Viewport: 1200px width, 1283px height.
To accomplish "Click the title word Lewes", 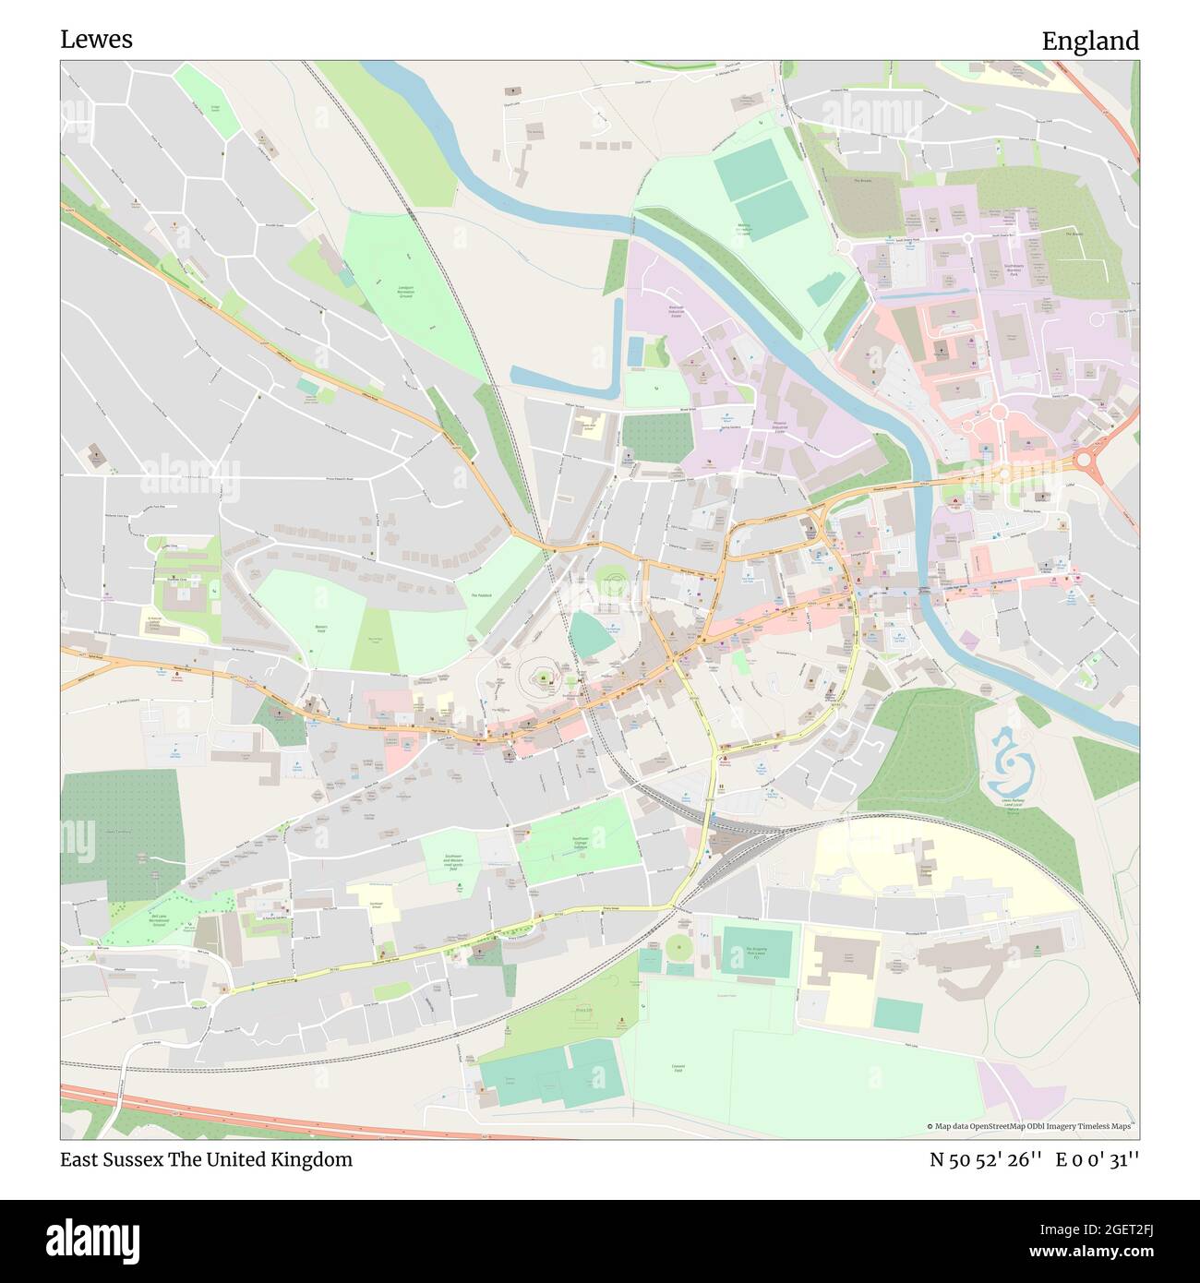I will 96,40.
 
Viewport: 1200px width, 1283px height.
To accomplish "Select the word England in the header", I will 1089,42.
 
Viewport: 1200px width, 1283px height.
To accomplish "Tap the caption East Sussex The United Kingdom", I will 206,1160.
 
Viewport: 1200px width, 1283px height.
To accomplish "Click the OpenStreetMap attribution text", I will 1029,1126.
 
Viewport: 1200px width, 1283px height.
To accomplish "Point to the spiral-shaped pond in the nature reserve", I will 1013,754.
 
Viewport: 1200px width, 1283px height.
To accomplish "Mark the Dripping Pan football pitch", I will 757,950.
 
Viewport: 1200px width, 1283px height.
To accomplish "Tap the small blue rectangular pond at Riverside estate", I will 636,351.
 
